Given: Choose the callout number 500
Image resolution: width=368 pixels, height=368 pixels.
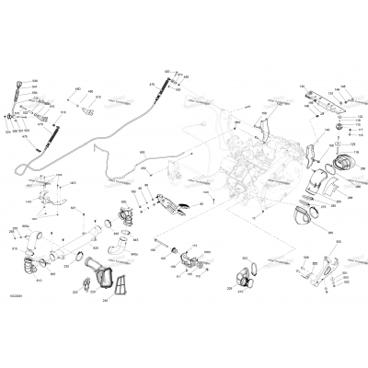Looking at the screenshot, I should [336, 240].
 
